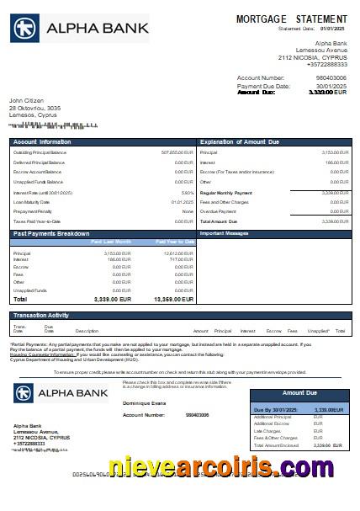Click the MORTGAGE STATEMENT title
291,19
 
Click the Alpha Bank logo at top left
79,29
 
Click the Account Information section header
43,141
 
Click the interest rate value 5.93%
187,193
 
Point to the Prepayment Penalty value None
188,211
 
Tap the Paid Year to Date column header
175,242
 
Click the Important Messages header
223,232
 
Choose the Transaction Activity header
41,315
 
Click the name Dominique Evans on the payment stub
145,404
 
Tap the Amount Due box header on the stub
299,392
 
